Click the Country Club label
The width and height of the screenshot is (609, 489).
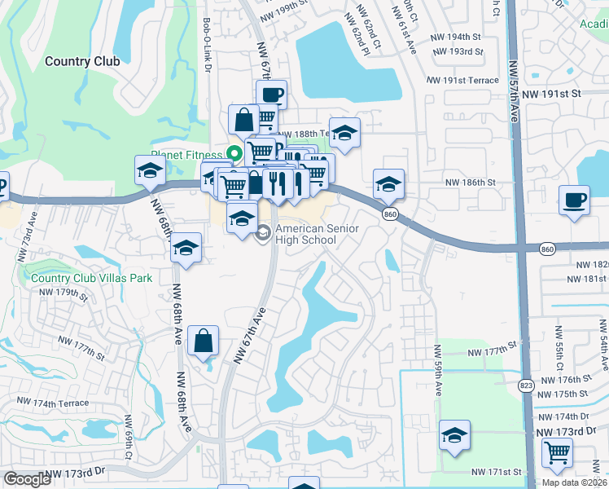coord(82,61)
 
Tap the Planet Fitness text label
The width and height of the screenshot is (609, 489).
coord(186,155)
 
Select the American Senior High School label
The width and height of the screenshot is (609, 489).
coord(318,235)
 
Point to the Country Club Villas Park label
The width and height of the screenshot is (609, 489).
coord(92,278)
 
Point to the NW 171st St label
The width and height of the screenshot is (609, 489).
coord(496,472)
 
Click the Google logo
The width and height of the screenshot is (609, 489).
coord(27,480)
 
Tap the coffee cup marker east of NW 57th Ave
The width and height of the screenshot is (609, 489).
coord(574,200)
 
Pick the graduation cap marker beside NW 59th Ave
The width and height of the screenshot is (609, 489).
coord(454,435)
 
